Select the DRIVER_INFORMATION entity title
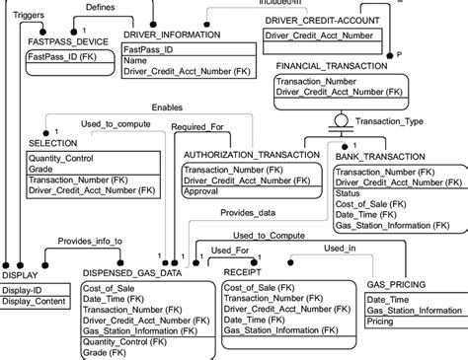(173, 36)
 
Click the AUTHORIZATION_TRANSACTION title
(253, 155)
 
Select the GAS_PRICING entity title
(397, 284)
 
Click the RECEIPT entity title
(243, 270)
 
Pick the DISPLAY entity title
(20, 274)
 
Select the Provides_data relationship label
(249, 213)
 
